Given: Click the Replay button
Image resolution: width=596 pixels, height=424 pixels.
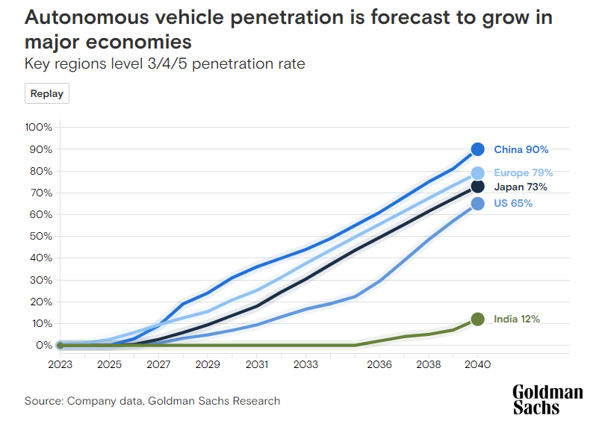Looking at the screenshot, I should tap(47, 94).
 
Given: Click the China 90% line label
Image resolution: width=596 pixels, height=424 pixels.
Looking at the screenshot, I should tap(521, 149).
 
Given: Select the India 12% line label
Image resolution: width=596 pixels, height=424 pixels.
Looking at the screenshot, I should tap(517, 319).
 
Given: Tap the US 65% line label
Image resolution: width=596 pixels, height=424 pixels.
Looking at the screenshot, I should tap(513, 204).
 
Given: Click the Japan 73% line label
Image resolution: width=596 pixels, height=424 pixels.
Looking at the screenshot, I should tap(521, 187).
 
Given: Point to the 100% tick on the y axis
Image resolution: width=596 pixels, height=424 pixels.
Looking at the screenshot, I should tap(38, 127).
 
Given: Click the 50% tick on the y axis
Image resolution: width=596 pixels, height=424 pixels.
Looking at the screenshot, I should tap(40, 236).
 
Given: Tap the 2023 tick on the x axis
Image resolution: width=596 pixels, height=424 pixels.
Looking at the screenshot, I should tap(60, 365).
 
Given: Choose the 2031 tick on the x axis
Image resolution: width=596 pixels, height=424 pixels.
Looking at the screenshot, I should tap(256, 365).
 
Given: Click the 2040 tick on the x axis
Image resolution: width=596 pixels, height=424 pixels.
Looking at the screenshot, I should tap(477, 365).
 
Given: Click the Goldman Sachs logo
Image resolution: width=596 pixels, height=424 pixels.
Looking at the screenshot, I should tap(547, 400).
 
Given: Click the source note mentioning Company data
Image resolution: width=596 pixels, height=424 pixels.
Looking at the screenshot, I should tap(152, 401).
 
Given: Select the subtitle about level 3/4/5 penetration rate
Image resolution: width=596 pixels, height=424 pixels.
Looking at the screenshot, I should tap(165, 63).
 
